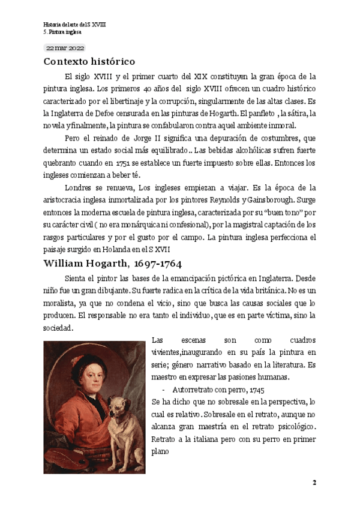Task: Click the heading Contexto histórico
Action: point(89,62)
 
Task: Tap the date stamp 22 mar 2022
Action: point(65,47)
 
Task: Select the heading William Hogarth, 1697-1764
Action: point(113,264)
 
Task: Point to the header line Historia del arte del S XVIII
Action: point(71,24)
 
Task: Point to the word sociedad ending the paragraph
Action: point(58,328)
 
